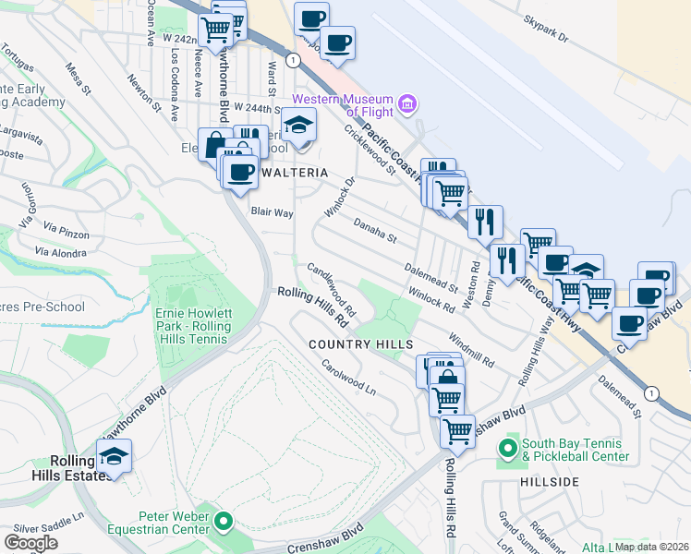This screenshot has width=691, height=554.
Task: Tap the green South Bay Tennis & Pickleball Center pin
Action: [506, 450]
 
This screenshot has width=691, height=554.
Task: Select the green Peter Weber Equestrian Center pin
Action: [223, 524]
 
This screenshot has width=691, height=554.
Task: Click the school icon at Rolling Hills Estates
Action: [114, 456]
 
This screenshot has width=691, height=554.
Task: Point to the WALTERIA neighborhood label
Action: [293, 173]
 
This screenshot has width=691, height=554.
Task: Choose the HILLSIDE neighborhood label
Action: [550, 482]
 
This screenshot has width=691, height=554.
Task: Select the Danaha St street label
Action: [374, 230]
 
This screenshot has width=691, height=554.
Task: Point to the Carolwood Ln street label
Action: [348, 376]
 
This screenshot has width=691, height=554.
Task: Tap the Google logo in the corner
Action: [30, 542]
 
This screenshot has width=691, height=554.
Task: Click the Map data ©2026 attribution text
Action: [651, 547]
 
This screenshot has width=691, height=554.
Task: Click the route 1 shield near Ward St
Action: [292, 59]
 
